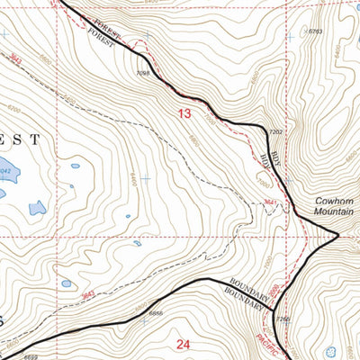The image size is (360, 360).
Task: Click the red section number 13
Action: (184, 113)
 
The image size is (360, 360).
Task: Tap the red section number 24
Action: (184, 343)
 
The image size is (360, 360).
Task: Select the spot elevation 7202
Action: (276, 132)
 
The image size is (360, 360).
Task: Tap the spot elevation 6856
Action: (155, 312)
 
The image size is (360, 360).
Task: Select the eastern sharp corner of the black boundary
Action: (338, 237)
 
